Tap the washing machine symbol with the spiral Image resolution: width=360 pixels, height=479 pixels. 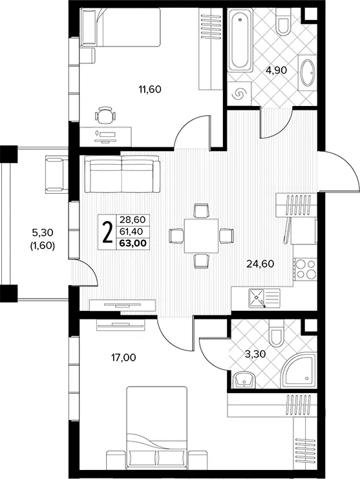(x=239, y=94)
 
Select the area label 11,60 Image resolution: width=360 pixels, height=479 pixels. (x=150, y=89)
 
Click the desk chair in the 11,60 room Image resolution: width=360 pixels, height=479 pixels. (x=105, y=115)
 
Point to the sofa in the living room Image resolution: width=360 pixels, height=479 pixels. (x=122, y=174)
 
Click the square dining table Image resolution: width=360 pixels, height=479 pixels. (x=201, y=235)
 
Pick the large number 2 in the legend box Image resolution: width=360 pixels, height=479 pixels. (x=107, y=232)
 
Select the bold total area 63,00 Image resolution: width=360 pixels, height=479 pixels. (x=133, y=243)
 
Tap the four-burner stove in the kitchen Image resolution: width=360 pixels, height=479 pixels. (x=305, y=269)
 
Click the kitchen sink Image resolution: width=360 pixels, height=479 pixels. (x=264, y=298)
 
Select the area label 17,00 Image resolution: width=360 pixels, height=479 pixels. (x=123, y=357)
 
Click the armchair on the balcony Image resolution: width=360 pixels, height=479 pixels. (x=57, y=174)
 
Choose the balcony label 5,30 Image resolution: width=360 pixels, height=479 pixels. (x=43, y=233)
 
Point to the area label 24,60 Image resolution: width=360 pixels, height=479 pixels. (x=260, y=264)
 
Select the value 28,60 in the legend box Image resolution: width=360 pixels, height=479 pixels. (x=133, y=220)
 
